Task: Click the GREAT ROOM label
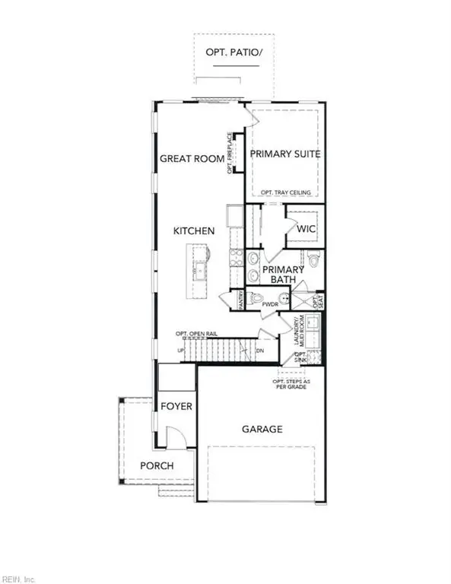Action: click(192, 159)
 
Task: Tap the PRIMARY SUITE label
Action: click(285, 154)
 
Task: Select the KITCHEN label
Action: click(194, 230)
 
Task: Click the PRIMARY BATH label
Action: click(284, 275)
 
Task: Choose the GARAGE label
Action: click(262, 429)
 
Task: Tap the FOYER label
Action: click(176, 407)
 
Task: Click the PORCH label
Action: click(157, 465)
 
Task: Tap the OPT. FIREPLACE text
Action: click(229, 154)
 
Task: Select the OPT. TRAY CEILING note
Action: click(285, 193)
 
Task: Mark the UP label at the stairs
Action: click(180, 351)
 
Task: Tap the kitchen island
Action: click(199, 262)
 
